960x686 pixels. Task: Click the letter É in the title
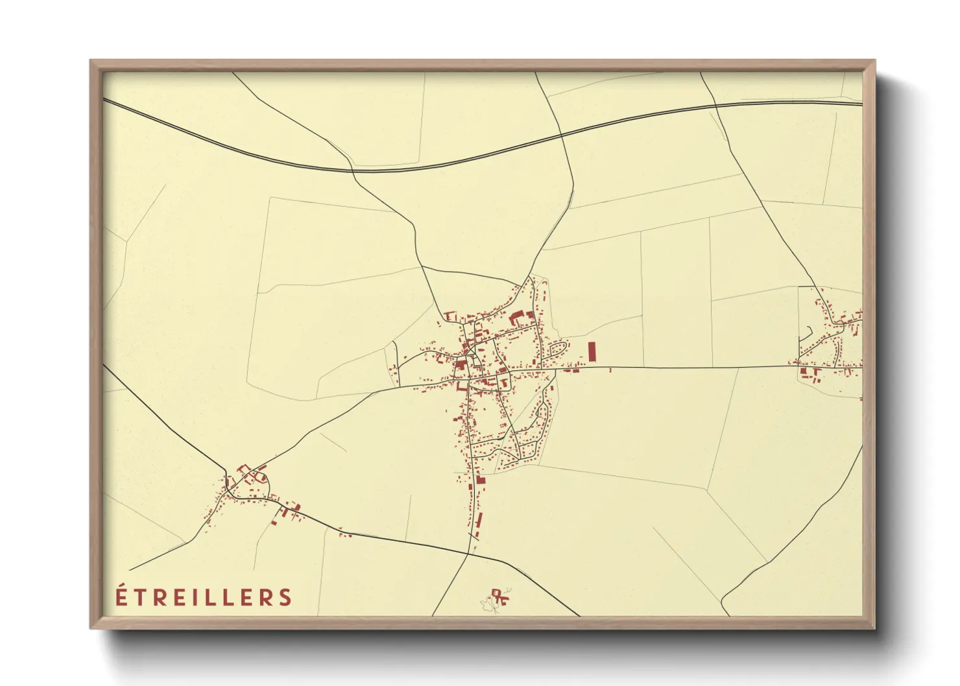click(x=121, y=596)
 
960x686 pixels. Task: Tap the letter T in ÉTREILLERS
click(x=139, y=597)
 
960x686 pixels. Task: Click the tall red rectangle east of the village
click(x=592, y=352)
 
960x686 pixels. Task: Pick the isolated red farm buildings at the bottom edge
click(x=498, y=595)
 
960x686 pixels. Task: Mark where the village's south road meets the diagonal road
click(x=469, y=554)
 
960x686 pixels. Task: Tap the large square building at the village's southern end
click(x=481, y=480)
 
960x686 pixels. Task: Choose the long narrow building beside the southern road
click(x=479, y=520)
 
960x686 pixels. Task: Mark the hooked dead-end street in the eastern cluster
click(x=807, y=335)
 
